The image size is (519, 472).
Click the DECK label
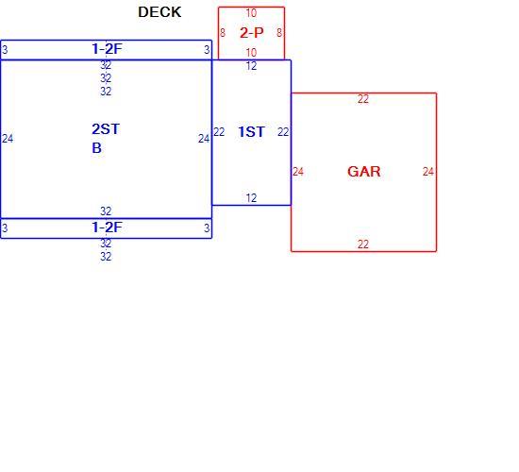coord(159,12)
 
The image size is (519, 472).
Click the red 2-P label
coord(252,32)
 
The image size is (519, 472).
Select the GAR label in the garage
coord(363,172)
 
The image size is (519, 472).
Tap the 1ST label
coord(251,132)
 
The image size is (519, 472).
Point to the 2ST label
coord(106,129)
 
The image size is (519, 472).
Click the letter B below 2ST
coord(96,148)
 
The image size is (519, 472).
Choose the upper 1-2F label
coord(107,49)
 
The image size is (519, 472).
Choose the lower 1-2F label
coord(107,228)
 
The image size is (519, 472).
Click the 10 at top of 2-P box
coord(251,13)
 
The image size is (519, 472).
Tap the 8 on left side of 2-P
coord(223,33)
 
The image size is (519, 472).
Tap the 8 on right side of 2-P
coord(279,33)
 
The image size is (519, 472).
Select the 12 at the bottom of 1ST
coord(251,198)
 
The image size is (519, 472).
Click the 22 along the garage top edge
coord(363,99)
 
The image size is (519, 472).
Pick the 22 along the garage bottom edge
coord(363,244)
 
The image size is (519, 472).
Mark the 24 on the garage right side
coord(428,172)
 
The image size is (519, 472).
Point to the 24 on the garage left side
coord(298,172)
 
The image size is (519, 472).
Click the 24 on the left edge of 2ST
coord(8,139)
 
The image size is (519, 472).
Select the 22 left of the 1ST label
coord(219,132)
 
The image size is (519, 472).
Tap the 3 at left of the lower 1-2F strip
coord(5,228)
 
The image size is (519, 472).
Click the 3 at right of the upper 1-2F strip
coord(207,50)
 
